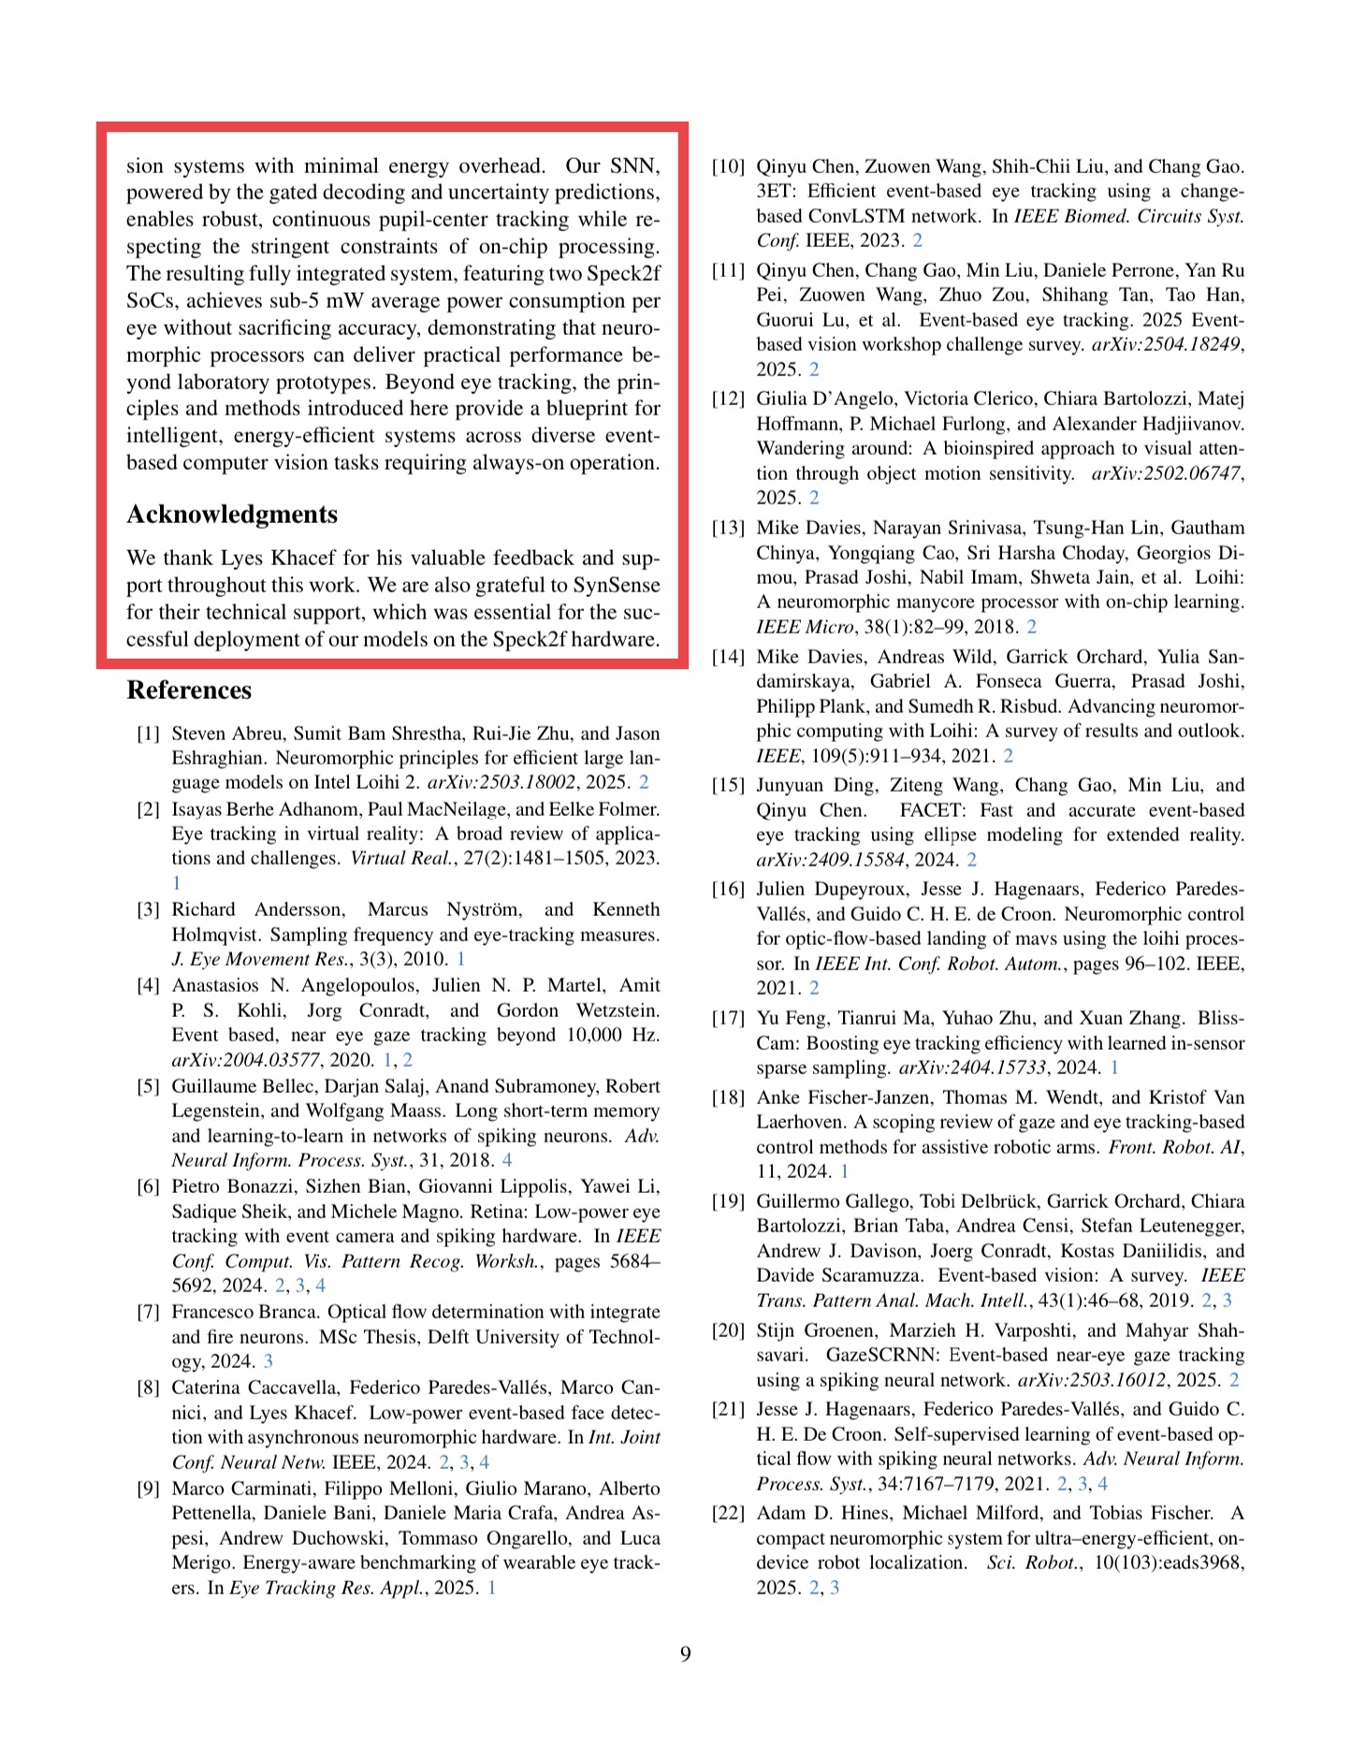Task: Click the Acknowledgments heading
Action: click(x=232, y=515)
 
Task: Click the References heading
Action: click(x=189, y=691)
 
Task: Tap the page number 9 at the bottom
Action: click(x=685, y=1654)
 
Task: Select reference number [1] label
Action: click(x=149, y=734)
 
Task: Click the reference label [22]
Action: click(x=728, y=1513)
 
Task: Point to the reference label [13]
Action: click(x=728, y=528)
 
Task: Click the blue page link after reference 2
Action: click(x=176, y=883)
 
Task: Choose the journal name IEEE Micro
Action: click(x=804, y=627)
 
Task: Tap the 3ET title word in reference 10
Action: click(x=776, y=191)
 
